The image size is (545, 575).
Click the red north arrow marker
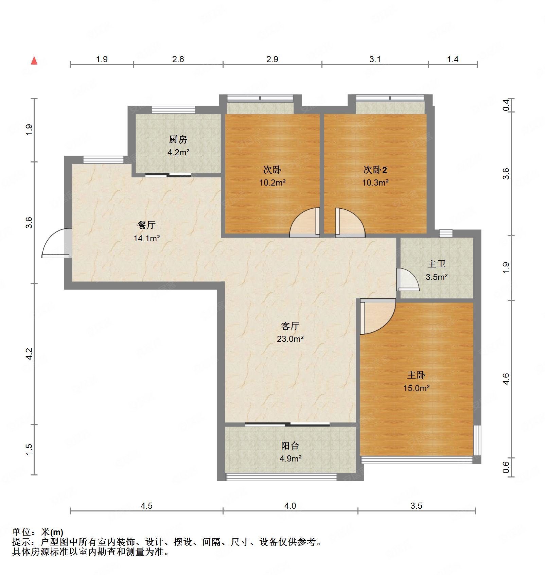pos(34,61)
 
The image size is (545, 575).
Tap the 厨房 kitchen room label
pos(178,139)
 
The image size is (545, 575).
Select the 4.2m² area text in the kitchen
pos(178,152)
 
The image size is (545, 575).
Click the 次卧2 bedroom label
pos(375,170)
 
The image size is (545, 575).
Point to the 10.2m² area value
pos(272,182)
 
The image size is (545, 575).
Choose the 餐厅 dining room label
pos(146,225)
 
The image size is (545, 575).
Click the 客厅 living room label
pos(290,326)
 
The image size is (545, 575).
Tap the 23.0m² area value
pos(290,339)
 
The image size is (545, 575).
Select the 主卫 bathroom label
pos(436,264)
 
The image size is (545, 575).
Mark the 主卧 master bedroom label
pos(416,375)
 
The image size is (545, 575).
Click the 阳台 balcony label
pos(290,446)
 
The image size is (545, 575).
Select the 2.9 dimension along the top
pos(272,59)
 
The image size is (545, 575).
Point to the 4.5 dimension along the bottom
pos(146,506)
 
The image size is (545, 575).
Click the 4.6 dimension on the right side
pos(506,379)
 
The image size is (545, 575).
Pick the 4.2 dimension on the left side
pos(29,354)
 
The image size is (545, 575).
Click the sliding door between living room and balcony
pos(287,424)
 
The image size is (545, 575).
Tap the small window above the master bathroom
pos(446,233)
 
